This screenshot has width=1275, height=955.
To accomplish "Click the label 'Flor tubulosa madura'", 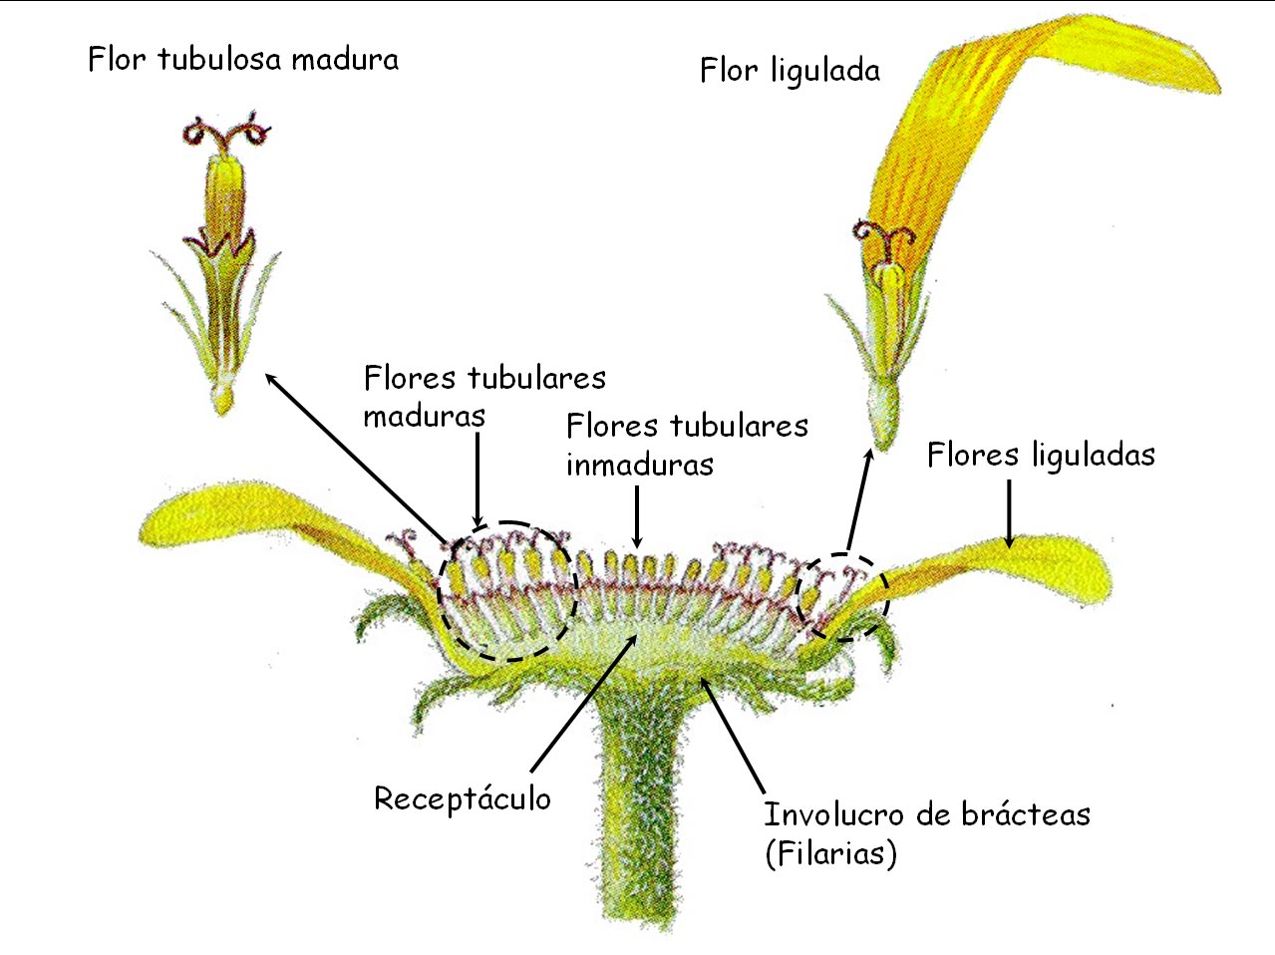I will pyautogui.click(x=243, y=60).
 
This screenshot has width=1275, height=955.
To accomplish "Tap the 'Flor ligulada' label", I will pyautogui.click(x=790, y=71).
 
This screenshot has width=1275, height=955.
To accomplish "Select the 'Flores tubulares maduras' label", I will pyautogui.click(x=483, y=396).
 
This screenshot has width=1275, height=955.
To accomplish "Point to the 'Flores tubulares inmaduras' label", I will pyautogui.click(x=686, y=445).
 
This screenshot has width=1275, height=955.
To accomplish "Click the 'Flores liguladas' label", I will pyautogui.click(x=1041, y=456).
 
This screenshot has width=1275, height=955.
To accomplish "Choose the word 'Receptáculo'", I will pyautogui.click(x=462, y=798).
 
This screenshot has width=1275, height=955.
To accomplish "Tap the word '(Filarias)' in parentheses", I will pyautogui.click(x=830, y=854).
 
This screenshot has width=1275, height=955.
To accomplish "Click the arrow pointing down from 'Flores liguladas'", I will pyautogui.click(x=1009, y=513).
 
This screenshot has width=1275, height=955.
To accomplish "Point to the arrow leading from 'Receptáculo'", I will pyautogui.click(x=583, y=704).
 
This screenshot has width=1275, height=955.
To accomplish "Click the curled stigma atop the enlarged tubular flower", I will pyautogui.click(x=227, y=134).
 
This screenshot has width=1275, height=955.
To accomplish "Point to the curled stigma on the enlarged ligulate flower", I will pyautogui.click(x=883, y=236).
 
